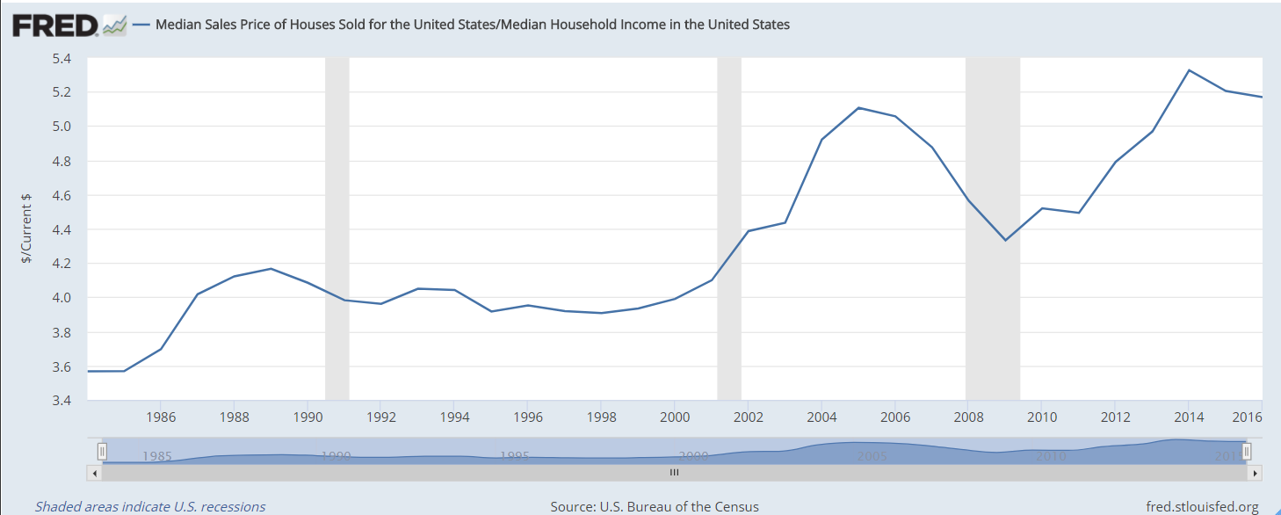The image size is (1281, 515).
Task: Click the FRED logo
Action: (54, 25)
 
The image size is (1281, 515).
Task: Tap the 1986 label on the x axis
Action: (160, 416)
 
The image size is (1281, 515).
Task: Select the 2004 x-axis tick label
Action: (821, 416)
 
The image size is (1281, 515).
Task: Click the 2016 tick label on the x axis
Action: (1248, 416)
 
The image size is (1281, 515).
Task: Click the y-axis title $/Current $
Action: (27, 228)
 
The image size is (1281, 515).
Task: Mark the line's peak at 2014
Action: (1189, 70)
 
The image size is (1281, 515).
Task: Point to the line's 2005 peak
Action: (858, 108)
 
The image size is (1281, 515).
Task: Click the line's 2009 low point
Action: (1005, 240)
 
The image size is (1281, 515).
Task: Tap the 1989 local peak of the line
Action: (271, 269)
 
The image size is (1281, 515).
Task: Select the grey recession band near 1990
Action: (337, 228)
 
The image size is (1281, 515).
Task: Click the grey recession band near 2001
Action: (729, 228)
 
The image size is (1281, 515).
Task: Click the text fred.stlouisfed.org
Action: (1203, 507)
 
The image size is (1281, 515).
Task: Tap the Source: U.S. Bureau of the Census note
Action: (654, 507)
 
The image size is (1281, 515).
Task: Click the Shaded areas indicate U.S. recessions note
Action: (150, 507)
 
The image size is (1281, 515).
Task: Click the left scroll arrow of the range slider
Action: (95, 472)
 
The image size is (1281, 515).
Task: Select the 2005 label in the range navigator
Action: (872, 456)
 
